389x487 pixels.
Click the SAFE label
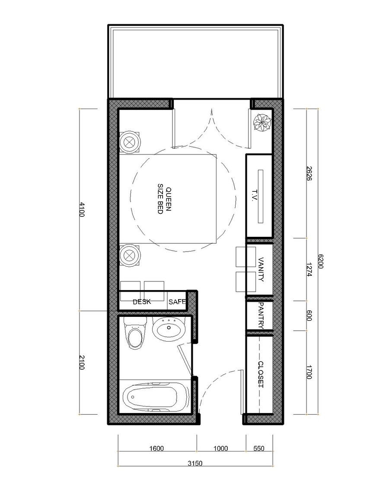pyautogui.click(x=177, y=302)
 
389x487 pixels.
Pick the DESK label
pyautogui.click(x=142, y=302)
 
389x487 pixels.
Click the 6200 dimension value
pyautogui.click(x=320, y=262)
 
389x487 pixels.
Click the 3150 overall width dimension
pyautogui.click(x=195, y=463)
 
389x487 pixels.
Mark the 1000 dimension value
pyautogui.click(x=221, y=449)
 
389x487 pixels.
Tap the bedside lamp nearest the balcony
pyautogui.click(x=129, y=142)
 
